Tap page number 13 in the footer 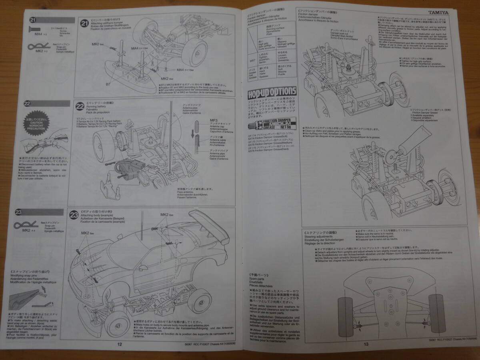tap(366, 344)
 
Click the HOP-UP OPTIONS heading tap(272, 94)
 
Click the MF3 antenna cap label tap(213, 120)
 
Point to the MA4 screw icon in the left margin tap(35, 29)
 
